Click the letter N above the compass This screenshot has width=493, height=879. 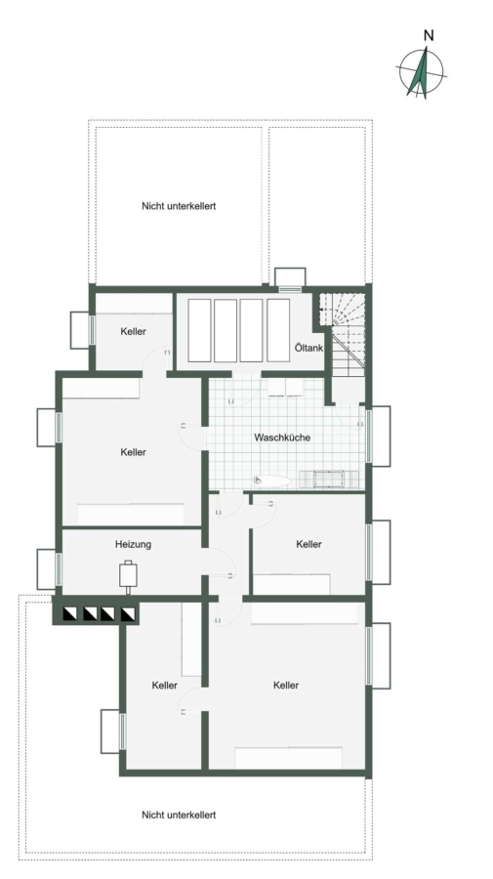429,36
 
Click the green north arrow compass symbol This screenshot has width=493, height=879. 422,73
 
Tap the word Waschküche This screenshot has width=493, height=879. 282,438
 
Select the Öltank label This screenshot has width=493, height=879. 308,348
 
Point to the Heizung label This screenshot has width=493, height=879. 134,544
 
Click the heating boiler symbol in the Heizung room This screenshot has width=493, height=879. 128,575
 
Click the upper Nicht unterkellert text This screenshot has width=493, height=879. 179,206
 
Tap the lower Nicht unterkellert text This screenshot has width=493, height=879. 179,815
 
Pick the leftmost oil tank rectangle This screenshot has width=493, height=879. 199,330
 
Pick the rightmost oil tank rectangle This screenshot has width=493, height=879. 278,330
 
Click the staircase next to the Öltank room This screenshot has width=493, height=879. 343,335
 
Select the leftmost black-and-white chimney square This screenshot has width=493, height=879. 71,614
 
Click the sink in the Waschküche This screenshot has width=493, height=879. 272,481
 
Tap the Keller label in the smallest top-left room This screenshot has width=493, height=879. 134,331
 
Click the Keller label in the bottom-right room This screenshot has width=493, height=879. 286,685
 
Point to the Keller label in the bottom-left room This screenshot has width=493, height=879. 165,685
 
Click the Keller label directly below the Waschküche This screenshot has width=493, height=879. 309,544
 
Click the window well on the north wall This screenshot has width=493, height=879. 290,277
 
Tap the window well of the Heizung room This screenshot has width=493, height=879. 47,569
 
